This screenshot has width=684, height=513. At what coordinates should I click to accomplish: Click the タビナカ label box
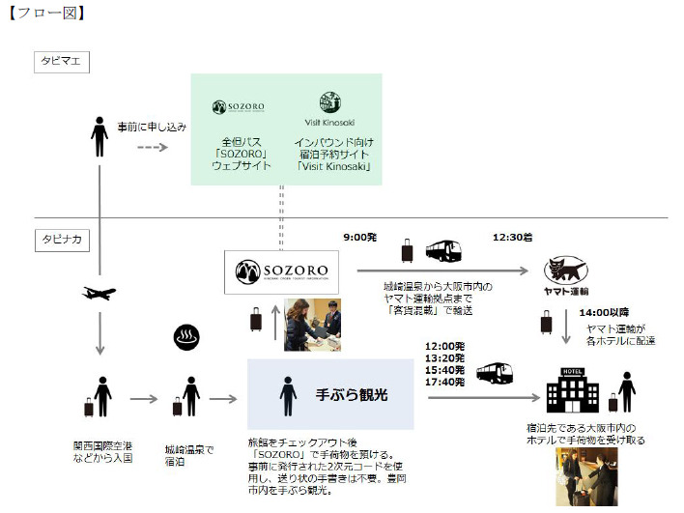pyautogui.click(x=61, y=238)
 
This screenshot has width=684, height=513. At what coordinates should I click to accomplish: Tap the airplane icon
pyautogui.click(x=100, y=293)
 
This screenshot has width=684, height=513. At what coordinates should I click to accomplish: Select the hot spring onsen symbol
pyautogui.click(x=185, y=337)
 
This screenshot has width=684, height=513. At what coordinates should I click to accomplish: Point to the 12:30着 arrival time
pyautogui.click(x=511, y=236)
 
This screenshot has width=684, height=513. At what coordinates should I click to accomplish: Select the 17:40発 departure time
pyautogui.click(x=444, y=383)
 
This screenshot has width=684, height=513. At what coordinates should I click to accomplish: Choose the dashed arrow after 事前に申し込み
pyautogui.click(x=151, y=147)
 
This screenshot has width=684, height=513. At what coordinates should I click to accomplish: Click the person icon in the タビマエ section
pyautogui.click(x=99, y=136)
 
